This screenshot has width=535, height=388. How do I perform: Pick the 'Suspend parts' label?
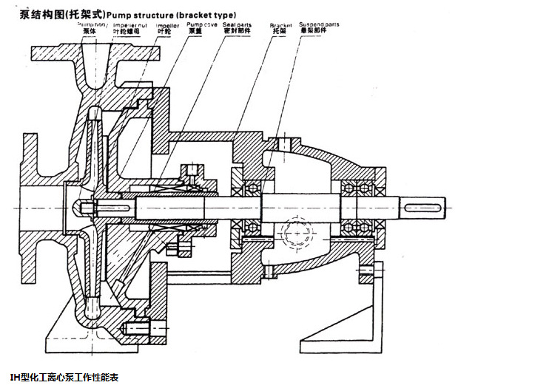(x=320, y=24)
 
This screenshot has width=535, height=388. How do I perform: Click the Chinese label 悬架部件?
(x=316, y=32)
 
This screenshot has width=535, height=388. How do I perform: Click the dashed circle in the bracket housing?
(x=296, y=230)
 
